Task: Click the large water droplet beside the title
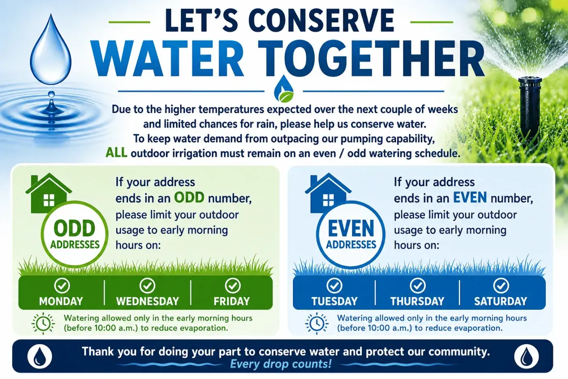click(x=51, y=52)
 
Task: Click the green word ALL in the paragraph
click(x=117, y=153)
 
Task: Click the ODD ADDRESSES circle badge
click(x=75, y=234)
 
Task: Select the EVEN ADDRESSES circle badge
click(x=351, y=234)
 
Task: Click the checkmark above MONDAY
click(x=62, y=285)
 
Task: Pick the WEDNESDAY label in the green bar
click(x=148, y=301)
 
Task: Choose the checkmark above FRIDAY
click(x=233, y=285)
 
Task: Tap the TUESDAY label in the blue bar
click(x=335, y=301)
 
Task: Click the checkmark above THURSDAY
click(x=418, y=285)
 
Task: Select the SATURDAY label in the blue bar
click(x=500, y=301)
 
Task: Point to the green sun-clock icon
click(x=43, y=323)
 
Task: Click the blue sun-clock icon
click(x=317, y=323)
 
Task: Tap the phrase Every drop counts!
click(x=280, y=364)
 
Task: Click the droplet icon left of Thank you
click(x=40, y=356)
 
